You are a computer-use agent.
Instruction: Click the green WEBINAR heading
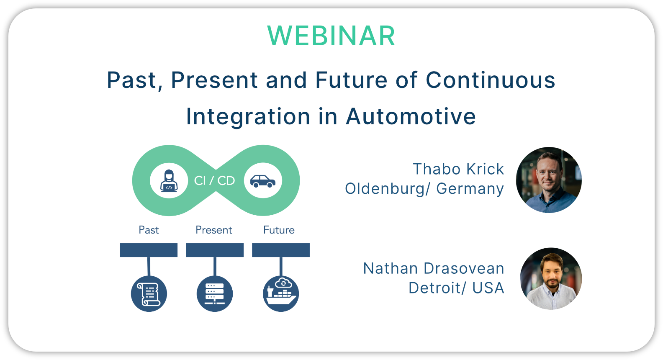pos(331,36)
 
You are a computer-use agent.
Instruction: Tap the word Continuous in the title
pos(491,80)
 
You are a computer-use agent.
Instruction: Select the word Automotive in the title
pos(411,116)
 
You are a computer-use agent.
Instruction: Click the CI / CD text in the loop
pos(214,180)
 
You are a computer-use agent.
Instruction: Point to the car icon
pos(263,181)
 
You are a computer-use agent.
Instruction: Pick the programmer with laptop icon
pos(169,181)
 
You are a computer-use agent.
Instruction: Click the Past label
pos(149,230)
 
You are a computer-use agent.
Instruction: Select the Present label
pos(214,230)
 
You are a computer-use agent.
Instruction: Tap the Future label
pos(279,230)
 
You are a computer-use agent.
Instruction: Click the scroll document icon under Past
pos(149,294)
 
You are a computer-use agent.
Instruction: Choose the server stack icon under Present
pos(215,294)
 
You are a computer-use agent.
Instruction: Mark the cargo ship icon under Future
pos(281,294)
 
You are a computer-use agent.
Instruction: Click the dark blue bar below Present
pos(215,250)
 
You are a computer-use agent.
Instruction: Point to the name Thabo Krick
pos(458,170)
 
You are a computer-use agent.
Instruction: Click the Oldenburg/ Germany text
pos(424,189)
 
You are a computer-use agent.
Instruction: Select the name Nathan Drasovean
pos(434,268)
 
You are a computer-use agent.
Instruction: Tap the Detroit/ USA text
pos(456,288)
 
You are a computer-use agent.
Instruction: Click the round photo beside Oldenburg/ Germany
pos(549,180)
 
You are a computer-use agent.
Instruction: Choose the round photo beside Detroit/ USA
pos(551,279)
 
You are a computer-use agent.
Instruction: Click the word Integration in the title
pos(248,117)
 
